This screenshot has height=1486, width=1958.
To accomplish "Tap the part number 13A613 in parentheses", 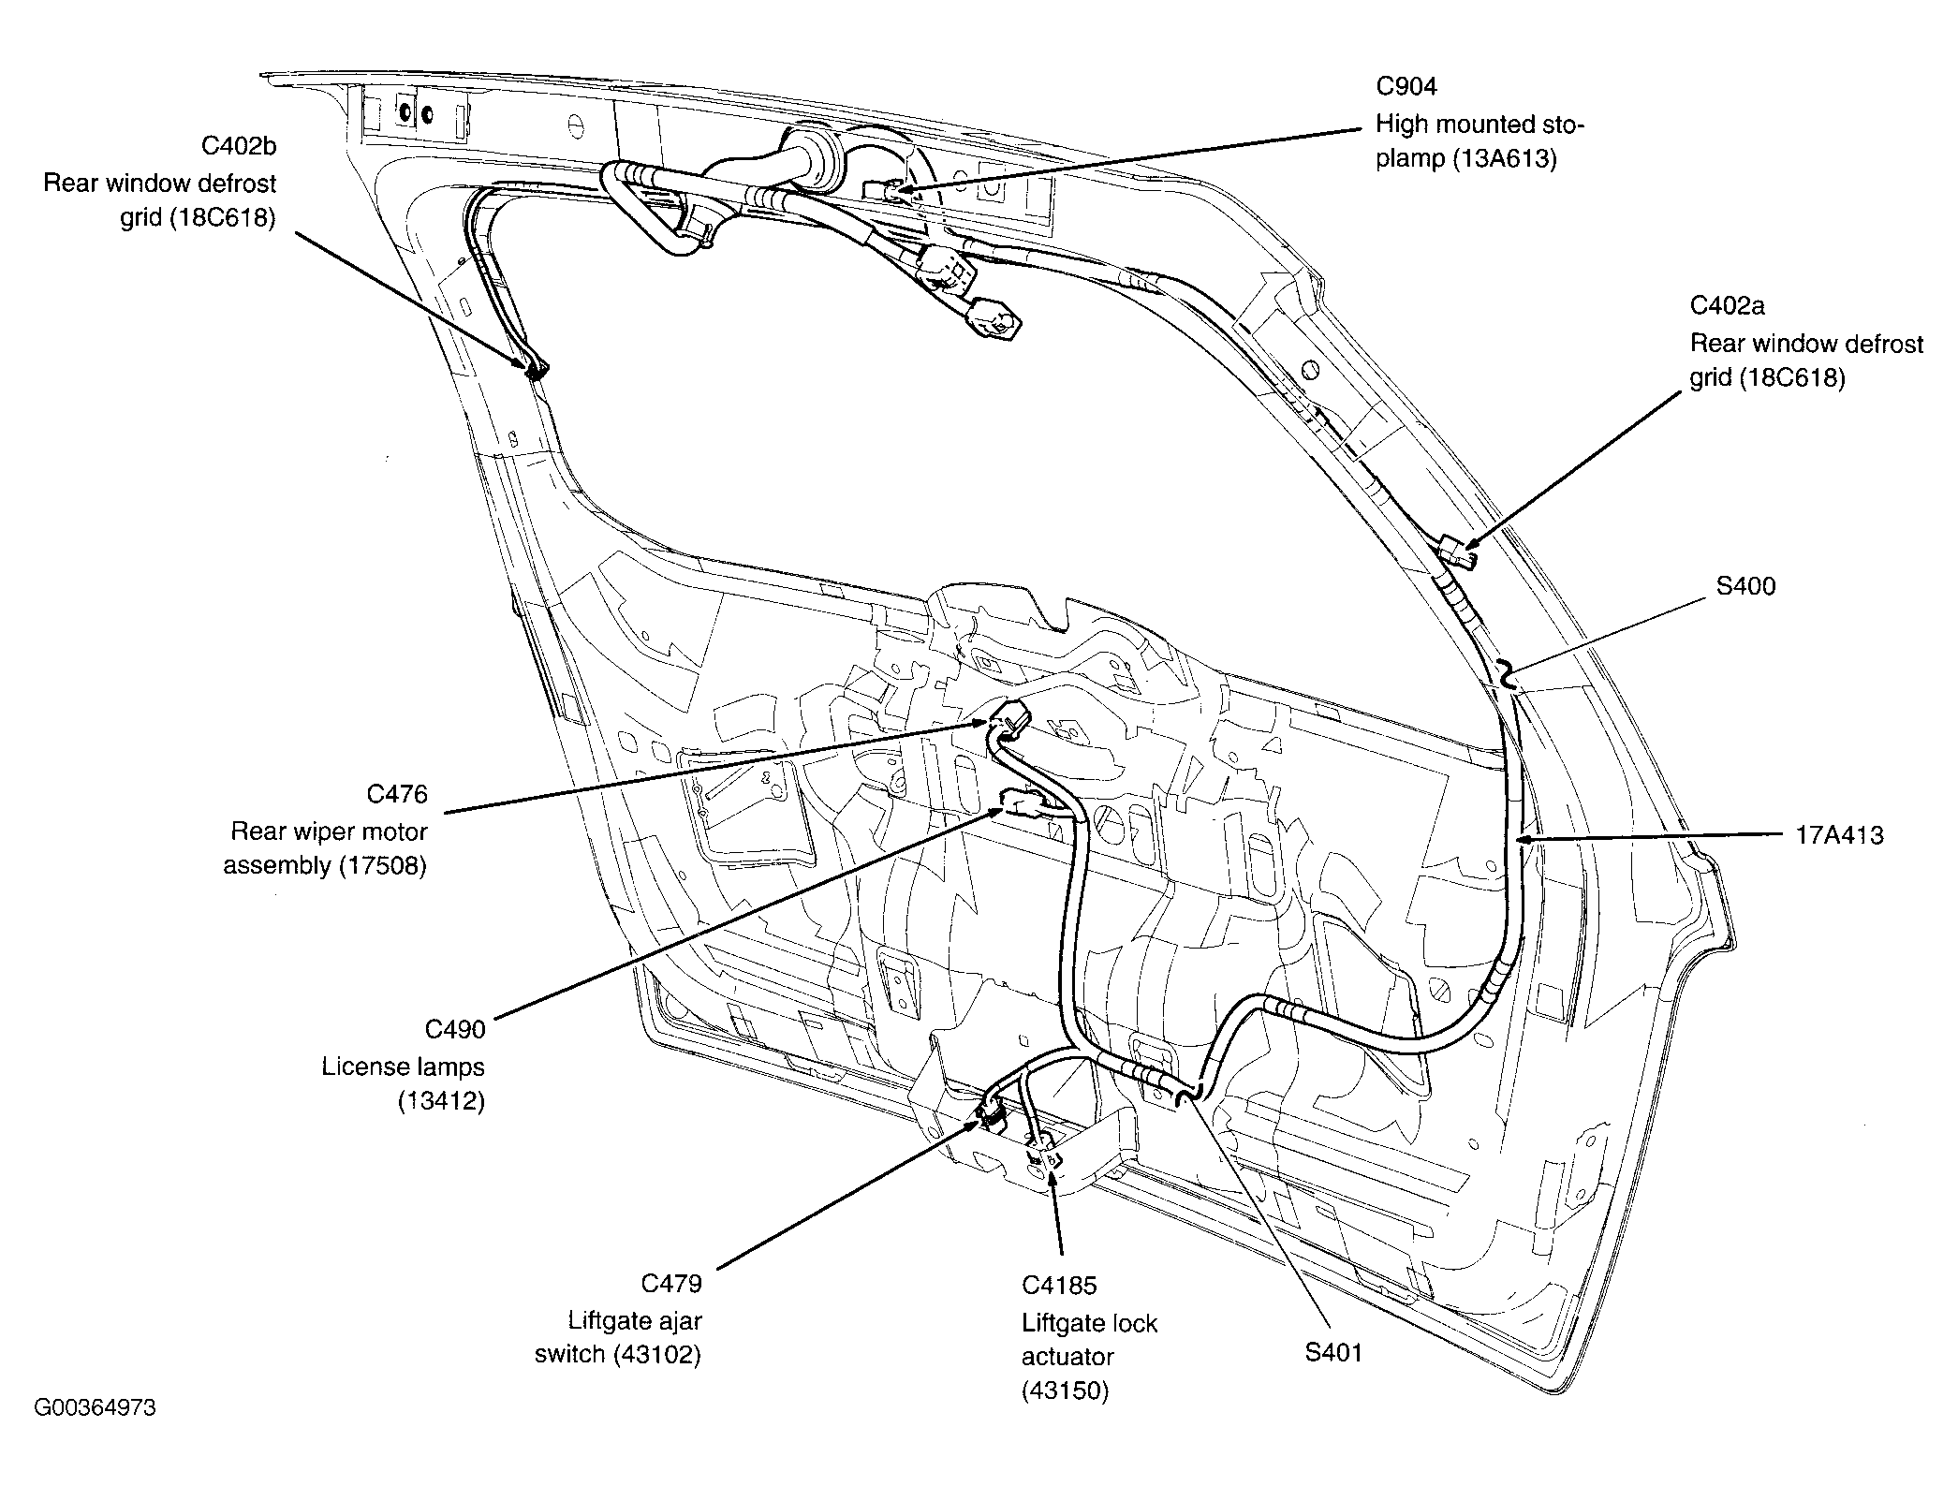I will coord(1505,159).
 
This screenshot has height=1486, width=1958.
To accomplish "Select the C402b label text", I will coord(239,146).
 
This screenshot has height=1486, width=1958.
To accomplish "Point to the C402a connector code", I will coord(1727,306).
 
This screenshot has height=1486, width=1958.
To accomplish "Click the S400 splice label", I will coord(1745,586).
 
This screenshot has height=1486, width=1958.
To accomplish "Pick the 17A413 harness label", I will coord(1839,835).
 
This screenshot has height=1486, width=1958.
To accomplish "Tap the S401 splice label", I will coord(1333,1352).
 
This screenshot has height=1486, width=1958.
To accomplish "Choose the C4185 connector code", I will coord(1058,1286).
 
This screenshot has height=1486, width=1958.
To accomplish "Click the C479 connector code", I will coord(670,1283).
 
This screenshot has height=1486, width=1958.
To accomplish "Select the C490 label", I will coord(455,1030).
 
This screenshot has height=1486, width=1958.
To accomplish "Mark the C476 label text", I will coord(397,794).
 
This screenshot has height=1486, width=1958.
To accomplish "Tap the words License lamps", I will coord(403,1067).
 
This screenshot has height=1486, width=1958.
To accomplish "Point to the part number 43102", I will coord(657,1355).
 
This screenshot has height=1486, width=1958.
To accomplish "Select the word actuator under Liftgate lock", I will coord(1067,1357).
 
